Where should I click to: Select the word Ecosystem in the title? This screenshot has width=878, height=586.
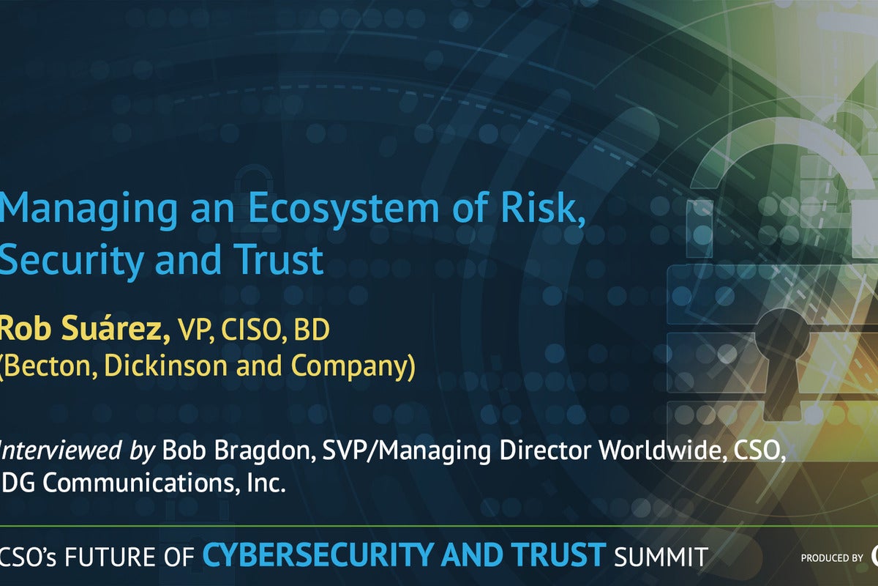(343, 208)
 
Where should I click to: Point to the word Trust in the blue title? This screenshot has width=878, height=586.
(278, 259)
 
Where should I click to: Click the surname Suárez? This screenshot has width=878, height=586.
(116, 329)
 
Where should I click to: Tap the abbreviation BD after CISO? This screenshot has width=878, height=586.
(312, 330)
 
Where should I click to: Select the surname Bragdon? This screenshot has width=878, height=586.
(265, 451)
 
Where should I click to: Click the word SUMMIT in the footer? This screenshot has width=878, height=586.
(661, 557)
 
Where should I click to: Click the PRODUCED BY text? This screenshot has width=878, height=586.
(832, 557)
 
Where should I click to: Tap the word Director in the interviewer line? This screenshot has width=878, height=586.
(545, 450)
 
